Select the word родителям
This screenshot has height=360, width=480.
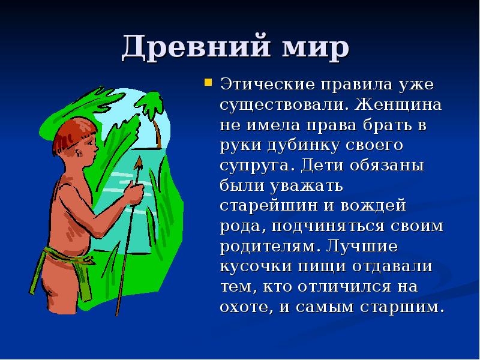click(x=265, y=247)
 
